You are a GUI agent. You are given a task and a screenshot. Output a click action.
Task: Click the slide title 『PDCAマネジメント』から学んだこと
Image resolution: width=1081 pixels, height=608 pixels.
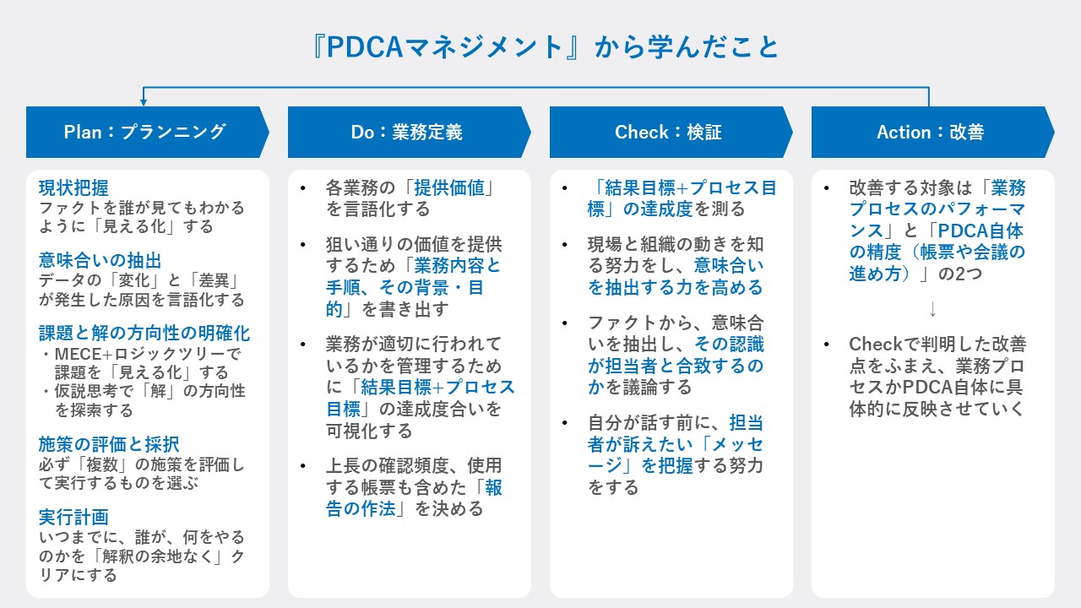pyautogui.click(x=546, y=47)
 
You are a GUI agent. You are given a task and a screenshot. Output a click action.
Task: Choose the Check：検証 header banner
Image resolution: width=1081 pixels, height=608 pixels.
pyautogui.click(x=671, y=132)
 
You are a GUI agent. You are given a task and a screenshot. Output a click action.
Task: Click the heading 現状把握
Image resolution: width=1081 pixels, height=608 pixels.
pyautogui.click(x=73, y=187)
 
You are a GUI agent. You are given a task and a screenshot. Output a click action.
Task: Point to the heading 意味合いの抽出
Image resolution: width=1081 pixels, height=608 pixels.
pyautogui.click(x=100, y=261)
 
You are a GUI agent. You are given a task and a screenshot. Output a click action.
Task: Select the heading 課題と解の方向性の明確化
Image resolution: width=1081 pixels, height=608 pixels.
pyautogui.click(x=144, y=333)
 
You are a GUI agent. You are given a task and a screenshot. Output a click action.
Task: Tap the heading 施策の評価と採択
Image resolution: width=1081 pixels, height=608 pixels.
pyautogui.click(x=109, y=444)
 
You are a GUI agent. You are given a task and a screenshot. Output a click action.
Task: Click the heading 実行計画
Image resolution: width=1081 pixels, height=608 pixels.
pyautogui.click(x=73, y=517)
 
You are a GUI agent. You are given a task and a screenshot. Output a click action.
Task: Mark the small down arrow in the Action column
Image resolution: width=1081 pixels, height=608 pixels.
pyautogui.click(x=933, y=309)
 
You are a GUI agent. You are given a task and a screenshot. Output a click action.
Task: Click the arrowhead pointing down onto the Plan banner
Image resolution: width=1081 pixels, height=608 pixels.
pyautogui.click(x=144, y=102)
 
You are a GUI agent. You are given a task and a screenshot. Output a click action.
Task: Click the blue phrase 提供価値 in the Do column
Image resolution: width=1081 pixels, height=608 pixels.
pyautogui.click(x=449, y=187)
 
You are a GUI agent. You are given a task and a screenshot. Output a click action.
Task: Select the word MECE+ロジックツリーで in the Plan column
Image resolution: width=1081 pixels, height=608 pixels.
pyautogui.click(x=148, y=354)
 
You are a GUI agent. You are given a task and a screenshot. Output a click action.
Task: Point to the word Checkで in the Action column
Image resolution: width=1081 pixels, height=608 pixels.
pyautogui.click(x=885, y=344)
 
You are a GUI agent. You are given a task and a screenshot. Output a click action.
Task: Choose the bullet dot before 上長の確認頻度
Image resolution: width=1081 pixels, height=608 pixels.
pyautogui.click(x=303, y=466)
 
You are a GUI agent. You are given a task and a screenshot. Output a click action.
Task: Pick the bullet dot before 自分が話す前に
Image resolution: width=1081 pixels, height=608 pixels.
pyautogui.click(x=565, y=423)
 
